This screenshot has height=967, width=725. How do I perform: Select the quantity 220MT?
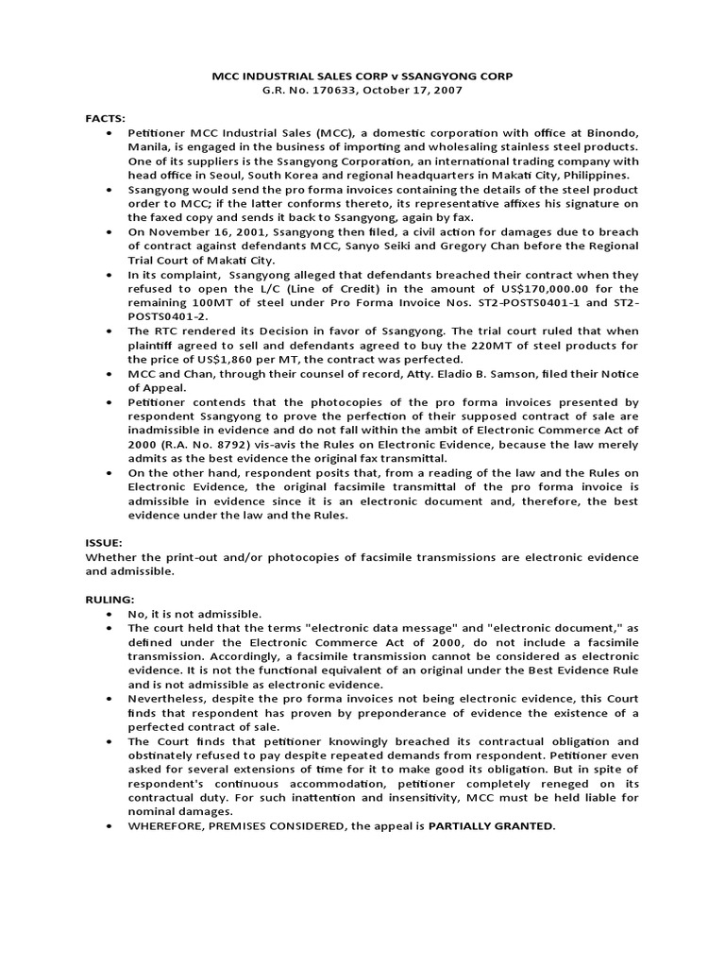click(490, 346)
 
